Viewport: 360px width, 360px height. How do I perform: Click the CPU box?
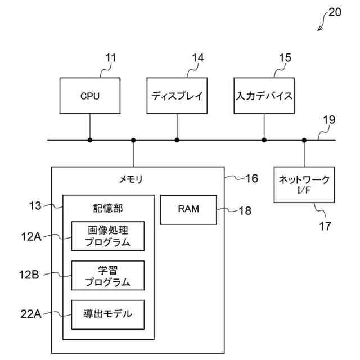[x=89, y=96]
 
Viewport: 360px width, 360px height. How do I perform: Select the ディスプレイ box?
[x=177, y=96]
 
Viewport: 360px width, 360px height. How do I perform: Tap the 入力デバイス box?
[x=264, y=96]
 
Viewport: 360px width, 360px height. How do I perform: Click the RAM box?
[x=188, y=209]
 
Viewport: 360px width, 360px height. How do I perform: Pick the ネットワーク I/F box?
[x=304, y=183]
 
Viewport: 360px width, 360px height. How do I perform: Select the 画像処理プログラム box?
[x=108, y=236]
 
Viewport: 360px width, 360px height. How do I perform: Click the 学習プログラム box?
[x=108, y=275]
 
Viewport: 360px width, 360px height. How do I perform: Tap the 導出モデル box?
[x=108, y=314]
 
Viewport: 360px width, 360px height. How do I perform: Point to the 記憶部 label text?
[x=108, y=208]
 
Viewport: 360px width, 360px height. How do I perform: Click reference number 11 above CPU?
[x=110, y=58]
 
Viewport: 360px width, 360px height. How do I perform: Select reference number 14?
[x=197, y=58]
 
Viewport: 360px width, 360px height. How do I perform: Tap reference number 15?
[x=285, y=58]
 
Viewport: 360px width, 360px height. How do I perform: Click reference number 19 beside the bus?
[x=329, y=120]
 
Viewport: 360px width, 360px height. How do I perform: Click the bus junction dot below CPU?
[x=89, y=139]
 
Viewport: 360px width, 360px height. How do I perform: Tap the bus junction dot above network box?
[x=304, y=139]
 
